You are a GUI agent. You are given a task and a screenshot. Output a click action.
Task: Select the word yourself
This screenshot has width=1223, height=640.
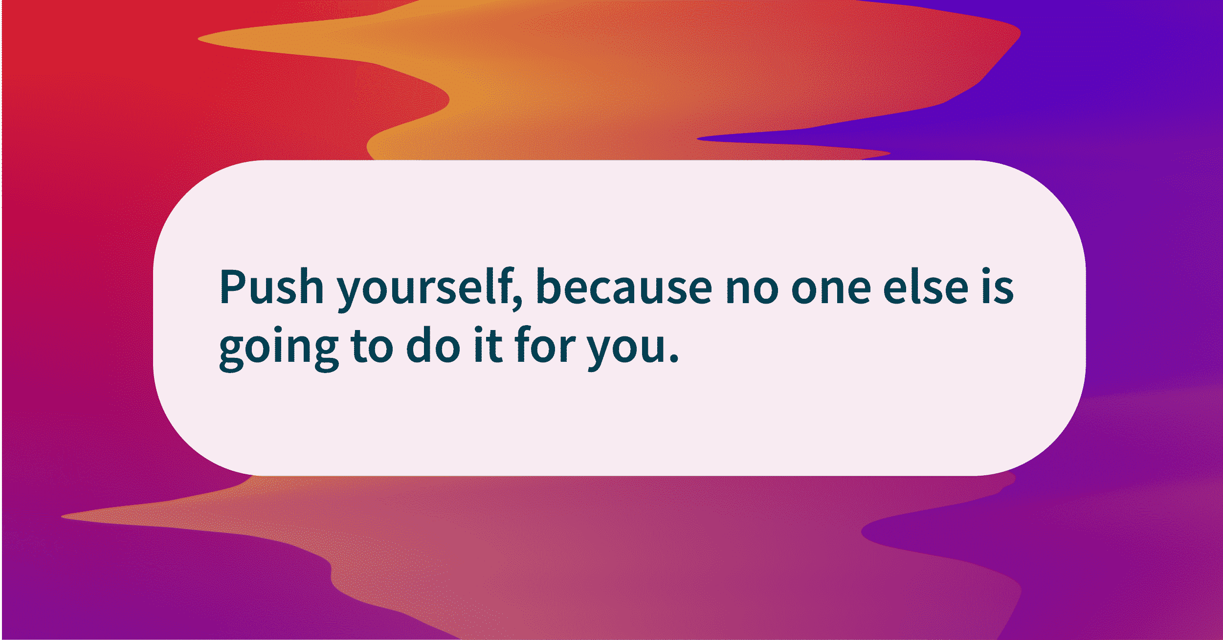424,288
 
